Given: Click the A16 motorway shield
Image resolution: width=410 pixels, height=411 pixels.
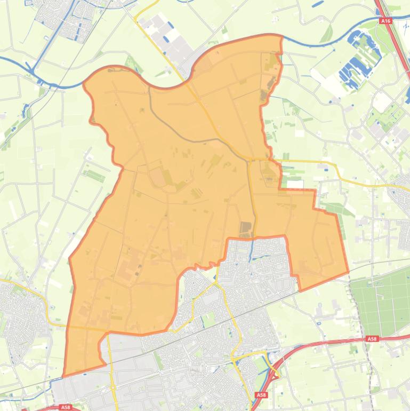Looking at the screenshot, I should click(385, 21).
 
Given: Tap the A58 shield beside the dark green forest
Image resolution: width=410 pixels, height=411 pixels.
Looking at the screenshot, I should click(372, 338).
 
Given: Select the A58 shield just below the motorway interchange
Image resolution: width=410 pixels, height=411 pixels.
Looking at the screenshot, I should click(261, 394).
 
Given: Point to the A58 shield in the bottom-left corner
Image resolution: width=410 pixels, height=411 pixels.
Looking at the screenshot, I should click(65, 407).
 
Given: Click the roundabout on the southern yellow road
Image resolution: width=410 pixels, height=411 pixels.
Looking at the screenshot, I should click(113, 388).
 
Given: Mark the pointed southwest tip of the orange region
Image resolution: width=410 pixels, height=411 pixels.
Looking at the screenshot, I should click(64, 376).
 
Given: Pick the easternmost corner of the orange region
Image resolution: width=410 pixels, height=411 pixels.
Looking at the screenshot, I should click(348, 272).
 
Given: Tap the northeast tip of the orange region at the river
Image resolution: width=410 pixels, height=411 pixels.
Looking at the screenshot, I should click(280, 36).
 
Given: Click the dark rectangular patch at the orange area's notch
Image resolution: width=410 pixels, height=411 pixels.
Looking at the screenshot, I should click(246, 230).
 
